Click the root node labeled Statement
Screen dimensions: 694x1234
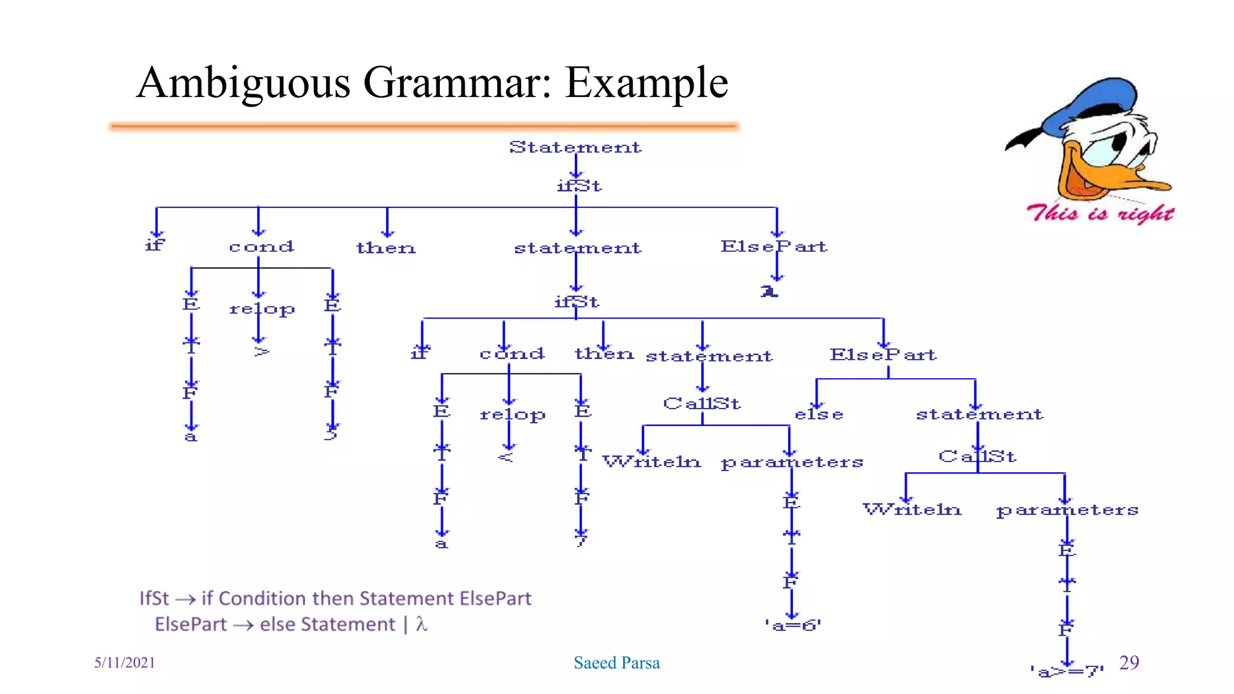[575, 147]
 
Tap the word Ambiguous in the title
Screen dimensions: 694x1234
[243, 83]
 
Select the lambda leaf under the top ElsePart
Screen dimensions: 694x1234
[769, 292]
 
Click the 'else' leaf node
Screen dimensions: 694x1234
[819, 414]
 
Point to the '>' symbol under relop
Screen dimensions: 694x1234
[261, 351]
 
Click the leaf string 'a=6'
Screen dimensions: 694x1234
[792, 626]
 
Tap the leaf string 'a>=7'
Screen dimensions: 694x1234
[1066, 671]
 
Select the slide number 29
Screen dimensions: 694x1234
[1129, 662]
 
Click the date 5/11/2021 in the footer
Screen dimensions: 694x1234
[125, 663]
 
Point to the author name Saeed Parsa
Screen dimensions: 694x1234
[616, 663]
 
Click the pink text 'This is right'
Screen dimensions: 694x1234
[1100, 213]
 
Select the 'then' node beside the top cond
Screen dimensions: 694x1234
[386, 248]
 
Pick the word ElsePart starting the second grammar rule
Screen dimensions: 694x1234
[190, 624]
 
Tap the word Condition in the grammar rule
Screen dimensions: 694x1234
[263, 598]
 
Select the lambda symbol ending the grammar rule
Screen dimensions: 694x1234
[421, 624]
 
